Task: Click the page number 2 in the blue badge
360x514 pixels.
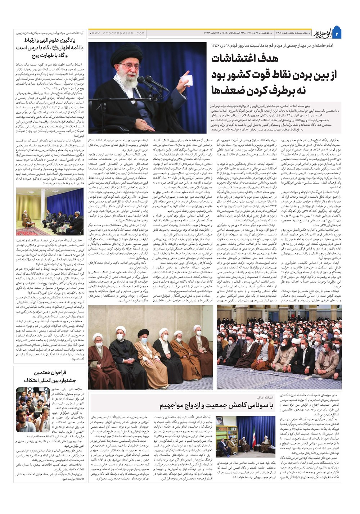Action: [337, 33]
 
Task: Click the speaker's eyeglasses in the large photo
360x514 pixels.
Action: [129, 67]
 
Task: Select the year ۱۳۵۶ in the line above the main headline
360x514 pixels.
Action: [216, 46]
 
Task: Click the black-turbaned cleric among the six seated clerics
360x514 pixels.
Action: [142, 345]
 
